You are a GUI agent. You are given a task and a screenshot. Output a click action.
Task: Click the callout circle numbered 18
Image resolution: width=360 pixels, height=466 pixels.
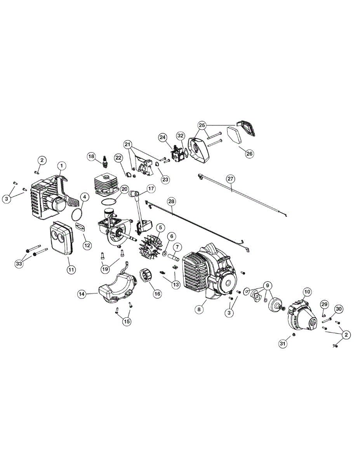pos(91,156)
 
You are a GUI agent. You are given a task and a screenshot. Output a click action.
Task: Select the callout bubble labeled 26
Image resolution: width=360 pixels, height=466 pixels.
pos(249,153)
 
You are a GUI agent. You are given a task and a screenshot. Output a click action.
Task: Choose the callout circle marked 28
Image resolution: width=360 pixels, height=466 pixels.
pos(172,202)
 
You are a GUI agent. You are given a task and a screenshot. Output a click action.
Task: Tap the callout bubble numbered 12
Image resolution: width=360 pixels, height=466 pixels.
pos(87,245)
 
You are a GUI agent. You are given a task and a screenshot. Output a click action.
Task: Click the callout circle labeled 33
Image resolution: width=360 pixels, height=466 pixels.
pos(19,263)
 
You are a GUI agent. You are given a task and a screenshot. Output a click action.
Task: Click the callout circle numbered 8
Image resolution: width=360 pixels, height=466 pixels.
pos(199,309)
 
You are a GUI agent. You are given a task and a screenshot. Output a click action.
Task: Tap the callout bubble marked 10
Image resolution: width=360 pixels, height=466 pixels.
pos(307,292)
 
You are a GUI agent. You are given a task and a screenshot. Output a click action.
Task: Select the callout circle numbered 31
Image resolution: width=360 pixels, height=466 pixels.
pos(283,344)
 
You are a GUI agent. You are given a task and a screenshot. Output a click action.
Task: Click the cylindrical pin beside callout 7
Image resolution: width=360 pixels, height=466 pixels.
pos(174,257)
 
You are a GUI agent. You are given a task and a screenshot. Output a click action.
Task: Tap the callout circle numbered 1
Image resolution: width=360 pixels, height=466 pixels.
pos(62,166)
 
